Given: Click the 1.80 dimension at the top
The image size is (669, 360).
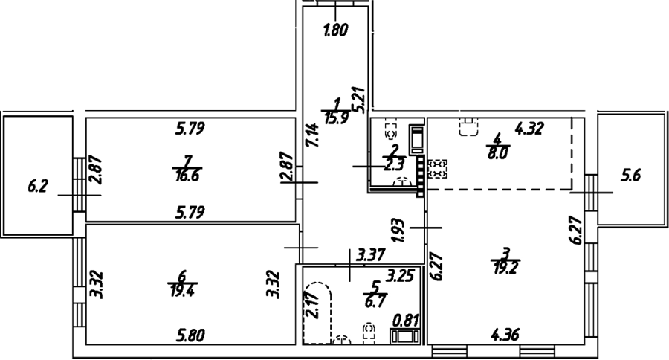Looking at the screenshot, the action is tap(336, 30).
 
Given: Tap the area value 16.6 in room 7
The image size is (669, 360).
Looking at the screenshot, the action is tap(187, 175).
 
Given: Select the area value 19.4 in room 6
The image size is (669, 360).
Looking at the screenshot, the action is tap(182, 291).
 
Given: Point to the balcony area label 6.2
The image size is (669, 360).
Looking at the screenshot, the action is tap(38, 187).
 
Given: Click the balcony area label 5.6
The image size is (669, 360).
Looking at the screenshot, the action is tap(630, 176).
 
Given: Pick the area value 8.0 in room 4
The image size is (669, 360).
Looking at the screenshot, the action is tap(497, 152).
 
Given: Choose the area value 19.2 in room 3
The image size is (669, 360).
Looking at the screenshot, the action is tap(505, 267).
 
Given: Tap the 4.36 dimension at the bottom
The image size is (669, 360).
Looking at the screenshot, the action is tap(505, 335).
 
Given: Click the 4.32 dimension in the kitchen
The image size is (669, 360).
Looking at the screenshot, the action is tap(529, 129).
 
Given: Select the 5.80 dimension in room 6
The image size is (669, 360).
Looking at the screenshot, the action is tap(191, 335).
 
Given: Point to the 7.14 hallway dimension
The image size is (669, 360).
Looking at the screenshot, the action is tap(313, 135).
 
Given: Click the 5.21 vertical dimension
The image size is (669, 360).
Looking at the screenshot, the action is tap(358, 100).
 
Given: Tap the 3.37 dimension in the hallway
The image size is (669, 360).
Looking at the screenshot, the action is tap(371, 255).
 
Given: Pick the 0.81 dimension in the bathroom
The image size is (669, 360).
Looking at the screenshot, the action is tap(406, 321).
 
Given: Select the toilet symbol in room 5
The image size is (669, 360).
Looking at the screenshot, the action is tap(369, 333).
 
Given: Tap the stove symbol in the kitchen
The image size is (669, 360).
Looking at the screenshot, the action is tap(437, 169).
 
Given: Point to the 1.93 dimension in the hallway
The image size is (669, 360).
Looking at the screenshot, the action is tap(398, 231).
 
